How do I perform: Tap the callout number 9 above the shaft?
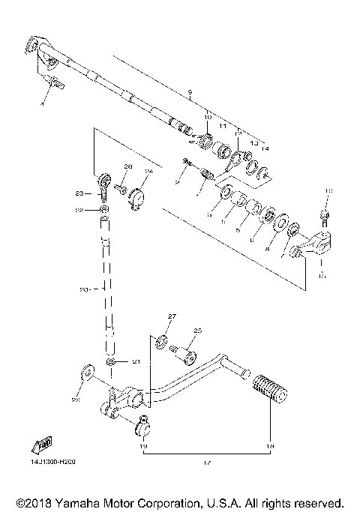[190, 94]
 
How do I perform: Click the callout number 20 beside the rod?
[85, 289]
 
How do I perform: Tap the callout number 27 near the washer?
[170, 317]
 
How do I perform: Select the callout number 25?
[198, 331]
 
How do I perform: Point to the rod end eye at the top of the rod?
[104, 181]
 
